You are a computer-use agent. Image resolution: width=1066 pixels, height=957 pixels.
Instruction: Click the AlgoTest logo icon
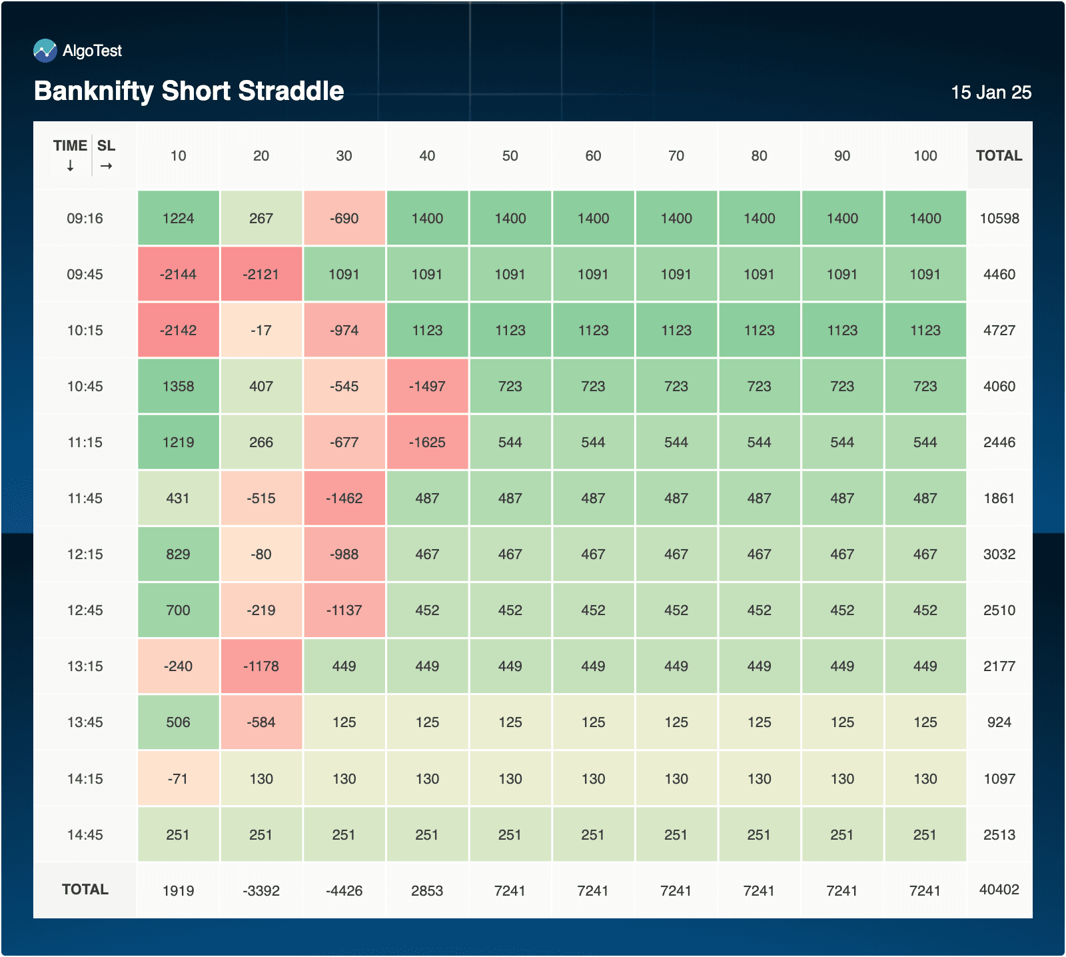[x=45, y=51]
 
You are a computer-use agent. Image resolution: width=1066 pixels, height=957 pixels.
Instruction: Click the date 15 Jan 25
[x=991, y=93]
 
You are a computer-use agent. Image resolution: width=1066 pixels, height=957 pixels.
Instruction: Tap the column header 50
[x=510, y=156]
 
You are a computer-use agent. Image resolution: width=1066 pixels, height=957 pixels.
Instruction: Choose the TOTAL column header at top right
[x=999, y=156]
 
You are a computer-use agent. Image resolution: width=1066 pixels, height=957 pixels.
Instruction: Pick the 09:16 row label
[x=85, y=219]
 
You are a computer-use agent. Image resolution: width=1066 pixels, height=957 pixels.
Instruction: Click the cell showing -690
[x=344, y=219]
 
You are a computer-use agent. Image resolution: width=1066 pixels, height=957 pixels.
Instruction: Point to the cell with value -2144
[x=179, y=275]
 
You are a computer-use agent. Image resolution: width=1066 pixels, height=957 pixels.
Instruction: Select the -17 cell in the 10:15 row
[x=261, y=331]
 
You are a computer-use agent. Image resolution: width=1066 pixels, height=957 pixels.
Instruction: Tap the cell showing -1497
[x=427, y=387]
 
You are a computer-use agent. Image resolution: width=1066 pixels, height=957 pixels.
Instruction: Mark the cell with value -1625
[x=427, y=443]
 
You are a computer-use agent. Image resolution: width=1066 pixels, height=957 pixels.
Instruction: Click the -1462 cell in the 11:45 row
[x=344, y=498]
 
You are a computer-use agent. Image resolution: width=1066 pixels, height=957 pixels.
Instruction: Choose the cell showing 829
[x=179, y=554]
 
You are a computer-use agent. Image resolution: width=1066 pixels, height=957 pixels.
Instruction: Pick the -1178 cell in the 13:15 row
[x=261, y=666]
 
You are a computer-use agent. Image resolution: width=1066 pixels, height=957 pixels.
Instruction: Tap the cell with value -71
[x=179, y=779]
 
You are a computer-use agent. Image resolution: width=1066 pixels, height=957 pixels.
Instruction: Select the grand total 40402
[x=999, y=890]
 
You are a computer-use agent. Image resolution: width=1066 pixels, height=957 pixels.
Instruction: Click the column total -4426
[x=344, y=891]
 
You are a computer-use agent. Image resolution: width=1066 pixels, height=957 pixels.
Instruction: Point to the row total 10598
[x=999, y=219]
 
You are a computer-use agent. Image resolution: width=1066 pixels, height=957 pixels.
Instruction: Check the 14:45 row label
[x=85, y=835]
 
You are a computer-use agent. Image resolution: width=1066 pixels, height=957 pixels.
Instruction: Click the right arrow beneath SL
[x=107, y=166]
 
